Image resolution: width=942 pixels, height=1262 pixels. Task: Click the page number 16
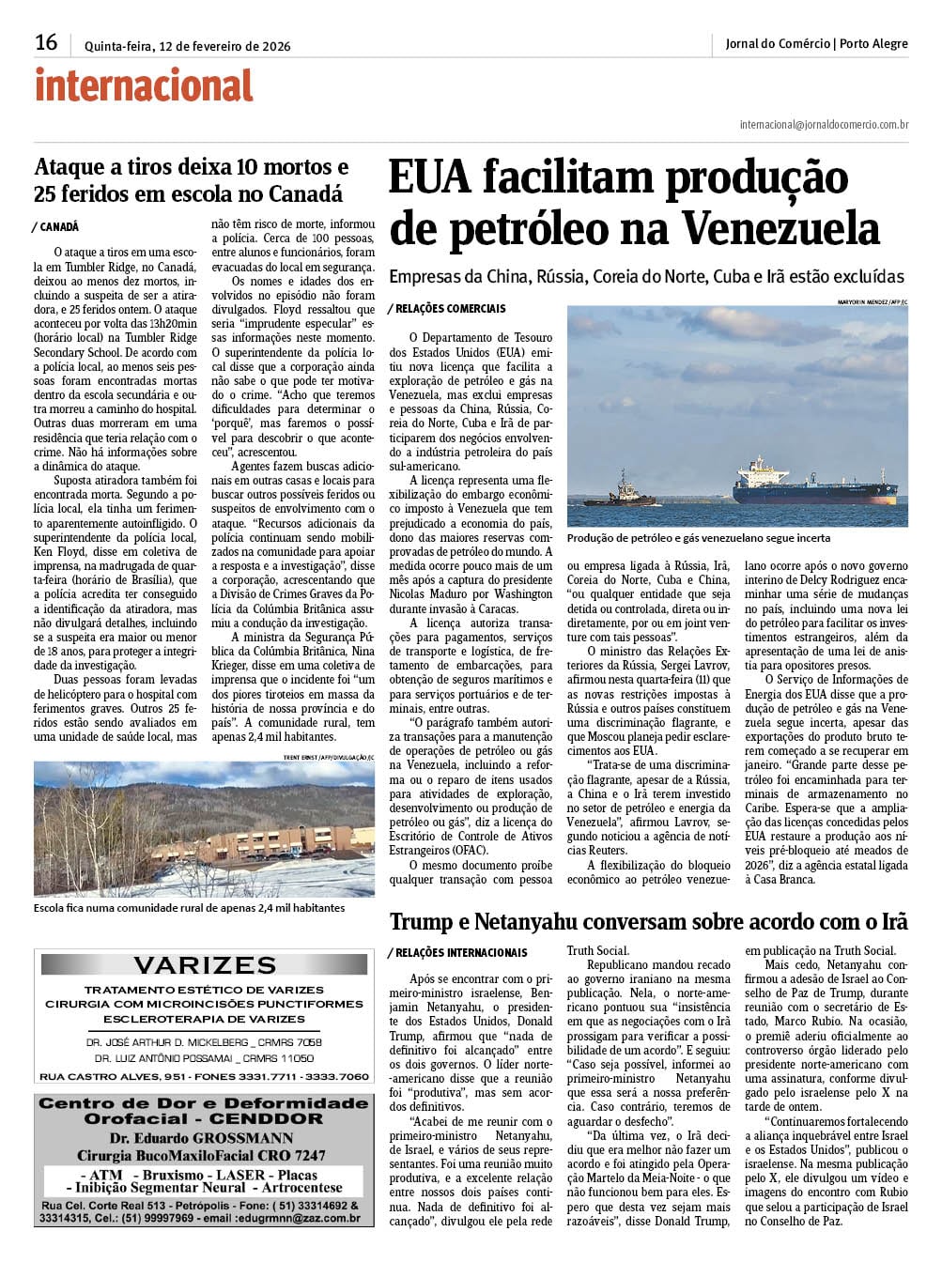pos(46,43)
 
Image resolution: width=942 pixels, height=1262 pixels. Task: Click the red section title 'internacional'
pos(144,86)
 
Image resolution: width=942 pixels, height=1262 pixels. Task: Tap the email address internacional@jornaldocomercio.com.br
pos(824,124)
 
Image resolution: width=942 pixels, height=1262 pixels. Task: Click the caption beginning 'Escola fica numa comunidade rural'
pos(189,908)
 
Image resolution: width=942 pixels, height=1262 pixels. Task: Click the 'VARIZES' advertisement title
pos(205,965)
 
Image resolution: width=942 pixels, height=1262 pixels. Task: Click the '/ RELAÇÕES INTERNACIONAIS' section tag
pos(457,953)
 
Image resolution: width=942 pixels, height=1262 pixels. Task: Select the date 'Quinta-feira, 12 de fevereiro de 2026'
pos(187,46)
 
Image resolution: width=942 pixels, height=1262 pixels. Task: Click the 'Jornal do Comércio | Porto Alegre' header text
pos(816,44)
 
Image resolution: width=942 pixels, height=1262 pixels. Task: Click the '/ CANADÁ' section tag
pos(55,227)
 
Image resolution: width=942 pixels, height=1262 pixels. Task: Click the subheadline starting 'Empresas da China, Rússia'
pos(646,277)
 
